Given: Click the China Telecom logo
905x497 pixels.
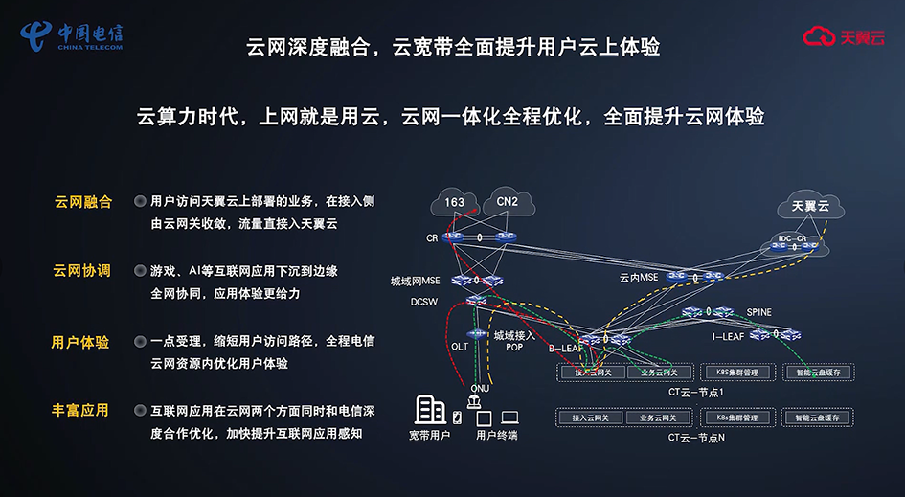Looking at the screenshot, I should [x=72, y=36].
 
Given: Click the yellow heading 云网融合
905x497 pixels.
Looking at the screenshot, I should [x=82, y=202].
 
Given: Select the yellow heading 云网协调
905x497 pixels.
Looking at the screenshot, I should [x=82, y=271].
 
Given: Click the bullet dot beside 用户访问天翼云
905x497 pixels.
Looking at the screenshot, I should [x=140, y=202].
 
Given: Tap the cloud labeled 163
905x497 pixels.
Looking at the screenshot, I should [x=455, y=202].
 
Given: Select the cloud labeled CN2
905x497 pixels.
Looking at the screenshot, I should [x=506, y=202].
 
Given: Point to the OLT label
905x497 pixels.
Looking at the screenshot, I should [x=460, y=346].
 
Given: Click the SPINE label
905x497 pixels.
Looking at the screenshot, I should [x=758, y=312].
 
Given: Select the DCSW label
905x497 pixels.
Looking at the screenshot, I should [x=424, y=302].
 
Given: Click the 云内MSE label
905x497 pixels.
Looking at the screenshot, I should [x=638, y=278].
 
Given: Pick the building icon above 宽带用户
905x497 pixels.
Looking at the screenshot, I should [x=429, y=410].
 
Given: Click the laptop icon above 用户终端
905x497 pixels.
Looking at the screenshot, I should [x=509, y=418].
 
